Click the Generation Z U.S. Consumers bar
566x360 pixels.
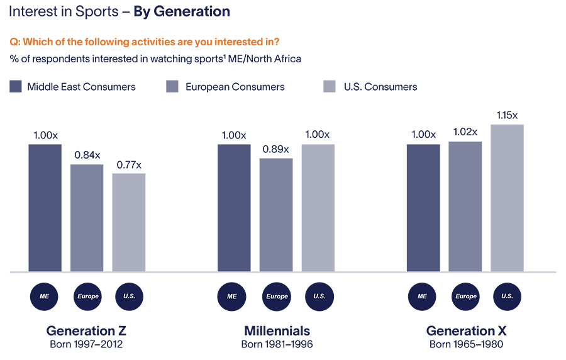click(x=129, y=222)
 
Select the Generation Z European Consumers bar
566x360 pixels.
click(x=87, y=218)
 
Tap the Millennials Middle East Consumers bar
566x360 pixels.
click(x=234, y=208)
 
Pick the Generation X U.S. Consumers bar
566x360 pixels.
click(x=507, y=198)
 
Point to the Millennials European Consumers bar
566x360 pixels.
click(x=276, y=215)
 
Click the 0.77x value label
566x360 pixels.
click(x=129, y=165)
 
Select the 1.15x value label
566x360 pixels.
click(x=507, y=115)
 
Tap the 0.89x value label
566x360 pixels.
click(x=276, y=149)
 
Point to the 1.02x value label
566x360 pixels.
click(x=465, y=132)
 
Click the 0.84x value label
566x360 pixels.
click(x=87, y=155)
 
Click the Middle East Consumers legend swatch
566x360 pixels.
click(x=16, y=87)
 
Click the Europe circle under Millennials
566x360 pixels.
click(x=277, y=296)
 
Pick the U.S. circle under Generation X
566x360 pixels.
click(x=508, y=296)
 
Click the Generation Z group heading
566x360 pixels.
click(x=87, y=330)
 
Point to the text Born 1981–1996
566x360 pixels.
click(x=277, y=344)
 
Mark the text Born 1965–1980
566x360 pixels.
click(x=466, y=344)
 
